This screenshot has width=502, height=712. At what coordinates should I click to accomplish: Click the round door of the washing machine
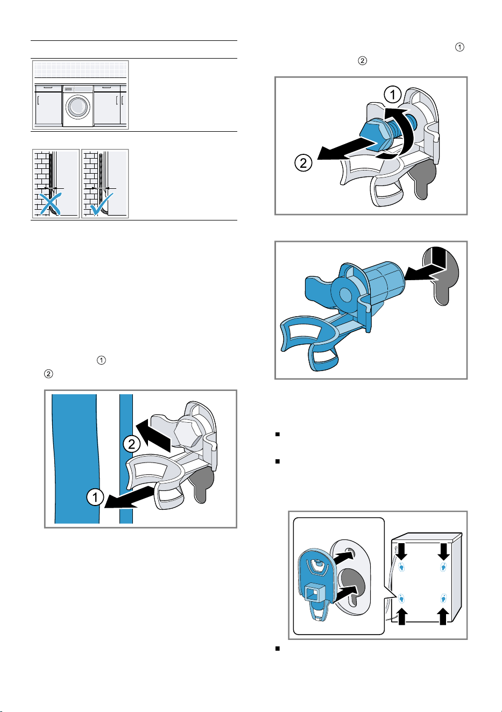click(78, 106)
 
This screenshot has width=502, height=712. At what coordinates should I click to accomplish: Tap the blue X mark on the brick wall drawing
click(50, 204)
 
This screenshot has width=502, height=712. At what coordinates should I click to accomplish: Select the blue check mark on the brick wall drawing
click(101, 204)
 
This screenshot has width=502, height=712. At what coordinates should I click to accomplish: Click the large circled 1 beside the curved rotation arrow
click(393, 95)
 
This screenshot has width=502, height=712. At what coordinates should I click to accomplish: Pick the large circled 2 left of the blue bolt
click(303, 163)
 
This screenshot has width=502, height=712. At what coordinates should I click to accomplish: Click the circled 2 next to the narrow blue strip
click(132, 444)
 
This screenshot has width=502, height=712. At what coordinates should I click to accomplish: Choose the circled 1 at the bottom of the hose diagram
click(95, 497)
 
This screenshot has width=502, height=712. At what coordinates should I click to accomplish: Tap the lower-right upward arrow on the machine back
click(443, 616)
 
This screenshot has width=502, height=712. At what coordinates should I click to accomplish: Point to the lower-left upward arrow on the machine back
click(401, 616)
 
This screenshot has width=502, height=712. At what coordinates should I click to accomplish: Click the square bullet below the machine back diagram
click(278, 649)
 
